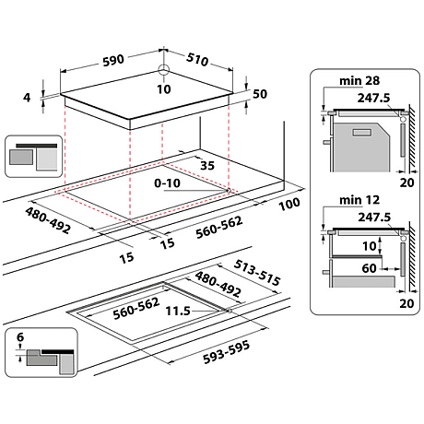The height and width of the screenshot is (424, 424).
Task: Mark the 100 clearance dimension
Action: (x=289, y=202)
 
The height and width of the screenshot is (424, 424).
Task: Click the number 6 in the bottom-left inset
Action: (x=21, y=338)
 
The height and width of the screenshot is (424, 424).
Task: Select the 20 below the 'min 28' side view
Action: (x=406, y=182)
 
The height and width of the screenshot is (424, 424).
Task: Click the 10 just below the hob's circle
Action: (x=163, y=89)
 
